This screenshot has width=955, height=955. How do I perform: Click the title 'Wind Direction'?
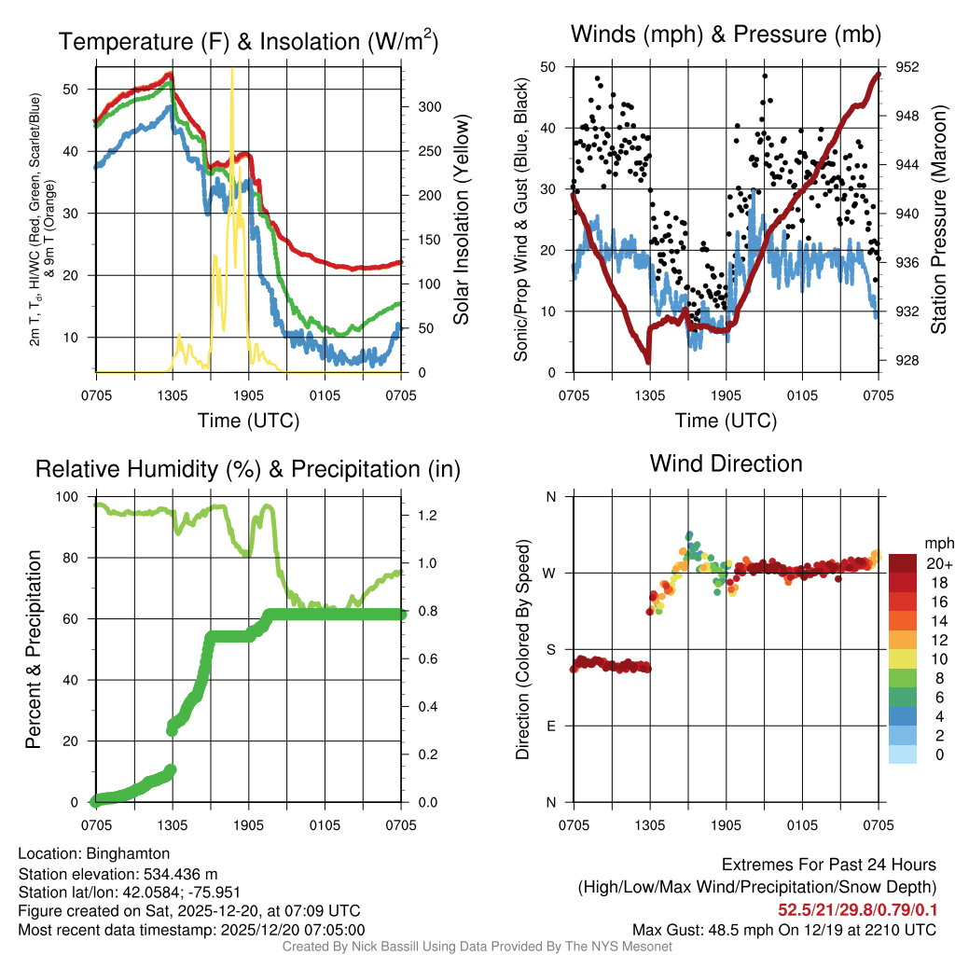[726, 464]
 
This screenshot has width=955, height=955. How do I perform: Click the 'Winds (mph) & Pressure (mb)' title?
[726, 35]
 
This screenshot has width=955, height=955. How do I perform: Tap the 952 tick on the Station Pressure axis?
[906, 67]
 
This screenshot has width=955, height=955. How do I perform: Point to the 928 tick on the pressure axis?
[906, 360]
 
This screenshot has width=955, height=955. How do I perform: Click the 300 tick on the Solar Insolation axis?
[426, 106]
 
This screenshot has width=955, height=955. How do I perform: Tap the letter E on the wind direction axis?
[551, 727]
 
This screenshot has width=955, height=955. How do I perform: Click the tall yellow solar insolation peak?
[232, 75]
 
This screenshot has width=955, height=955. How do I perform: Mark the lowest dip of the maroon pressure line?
[647, 361]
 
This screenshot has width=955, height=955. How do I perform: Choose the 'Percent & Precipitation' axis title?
[34, 648]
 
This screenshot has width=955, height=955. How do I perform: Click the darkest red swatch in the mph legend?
[903, 563]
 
